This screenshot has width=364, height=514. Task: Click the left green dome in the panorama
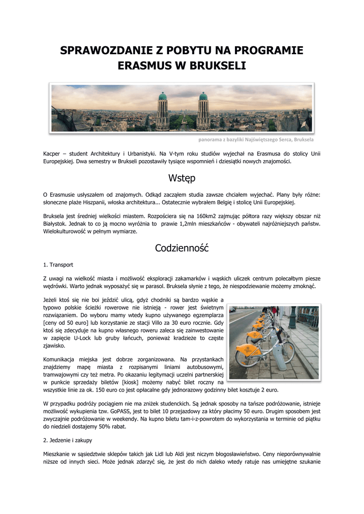click(x=162, y=96)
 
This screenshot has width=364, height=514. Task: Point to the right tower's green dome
click(x=203, y=96)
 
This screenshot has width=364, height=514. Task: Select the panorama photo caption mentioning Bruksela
click(x=256, y=140)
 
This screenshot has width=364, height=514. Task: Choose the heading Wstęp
click(x=182, y=178)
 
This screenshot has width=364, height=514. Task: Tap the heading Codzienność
click(x=182, y=247)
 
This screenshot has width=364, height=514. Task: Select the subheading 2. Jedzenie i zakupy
click(x=67, y=440)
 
